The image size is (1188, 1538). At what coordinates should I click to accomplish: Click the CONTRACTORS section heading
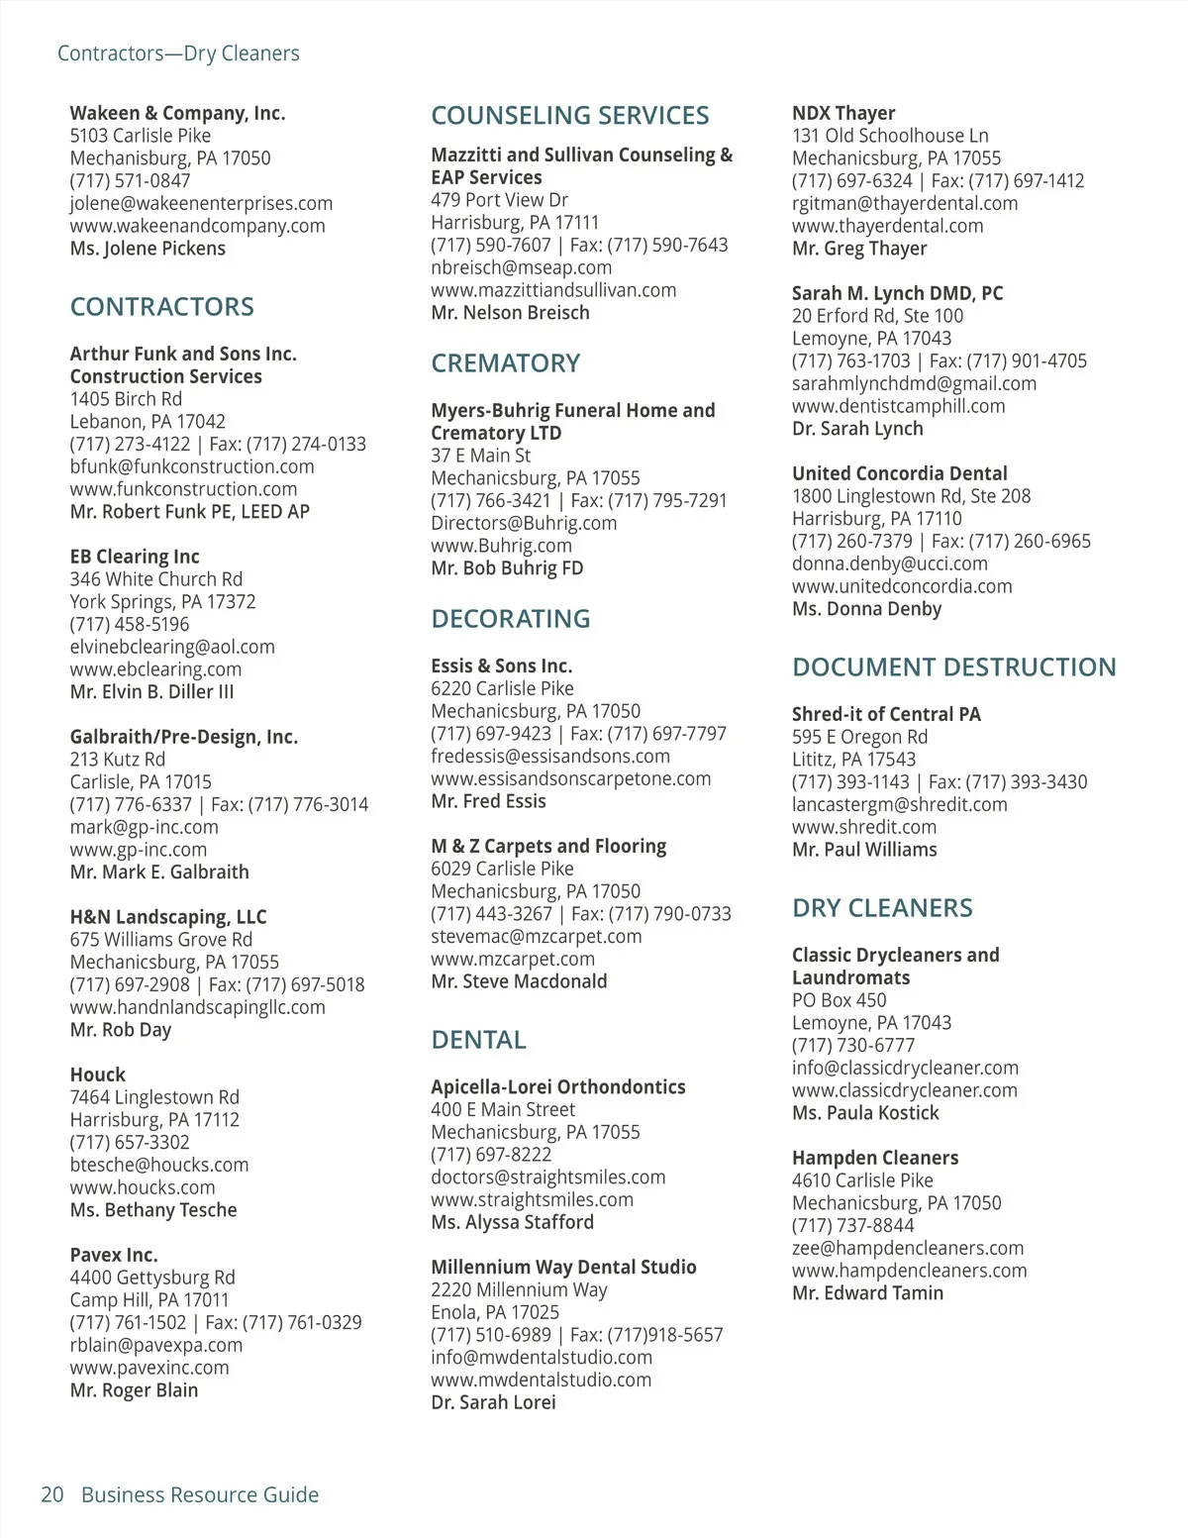pos(161,307)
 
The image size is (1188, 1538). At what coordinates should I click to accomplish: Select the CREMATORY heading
pos(505,363)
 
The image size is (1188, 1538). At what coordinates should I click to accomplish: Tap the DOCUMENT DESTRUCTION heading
pos(953,667)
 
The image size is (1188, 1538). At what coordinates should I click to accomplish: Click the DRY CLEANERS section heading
pos(882,908)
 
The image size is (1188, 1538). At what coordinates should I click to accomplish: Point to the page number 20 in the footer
pos(52,1494)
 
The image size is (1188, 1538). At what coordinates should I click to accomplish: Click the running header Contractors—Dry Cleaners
pos(178,53)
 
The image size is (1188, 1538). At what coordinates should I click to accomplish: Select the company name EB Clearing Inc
pos(135,557)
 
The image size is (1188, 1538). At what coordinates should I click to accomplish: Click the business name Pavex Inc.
pos(114,1255)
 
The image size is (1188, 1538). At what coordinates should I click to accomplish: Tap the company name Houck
pos(98,1075)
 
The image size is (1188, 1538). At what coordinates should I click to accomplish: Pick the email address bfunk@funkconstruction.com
pos(192,466)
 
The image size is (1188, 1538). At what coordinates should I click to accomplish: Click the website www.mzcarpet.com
pos(513,959)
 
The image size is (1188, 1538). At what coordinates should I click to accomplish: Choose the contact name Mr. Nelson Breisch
pos(510,313)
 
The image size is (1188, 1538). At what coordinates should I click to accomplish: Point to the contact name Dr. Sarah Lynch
pos(857,429)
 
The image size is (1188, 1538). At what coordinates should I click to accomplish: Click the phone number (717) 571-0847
pos(130,180)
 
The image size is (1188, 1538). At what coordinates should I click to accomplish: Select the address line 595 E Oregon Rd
pos(859,737)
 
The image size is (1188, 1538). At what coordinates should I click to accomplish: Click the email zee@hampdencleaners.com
pos(908,1248)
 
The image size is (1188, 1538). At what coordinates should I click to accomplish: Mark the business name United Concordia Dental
pos(899,473)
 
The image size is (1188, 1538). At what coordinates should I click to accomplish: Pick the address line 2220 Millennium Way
pos(519,1289)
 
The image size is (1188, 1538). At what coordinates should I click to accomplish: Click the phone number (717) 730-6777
pos(853,1045)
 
